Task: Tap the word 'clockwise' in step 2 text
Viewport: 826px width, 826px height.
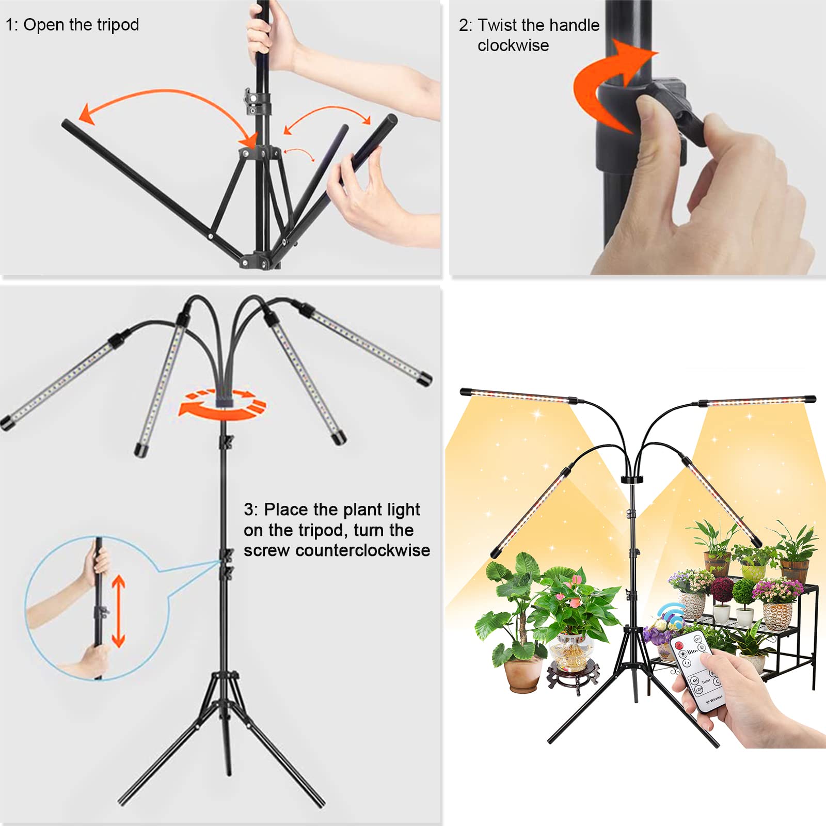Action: tap(513, 45)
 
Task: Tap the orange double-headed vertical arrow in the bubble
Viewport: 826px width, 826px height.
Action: tap(119, 611)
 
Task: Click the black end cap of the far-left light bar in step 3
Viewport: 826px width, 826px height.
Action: tap(7, 423)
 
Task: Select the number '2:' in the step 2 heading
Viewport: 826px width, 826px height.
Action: tap(465, 25)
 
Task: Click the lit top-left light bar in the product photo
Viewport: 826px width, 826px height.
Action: tap(516, 395)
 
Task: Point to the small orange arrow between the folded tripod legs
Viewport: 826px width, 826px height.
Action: tap(299, 152)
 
